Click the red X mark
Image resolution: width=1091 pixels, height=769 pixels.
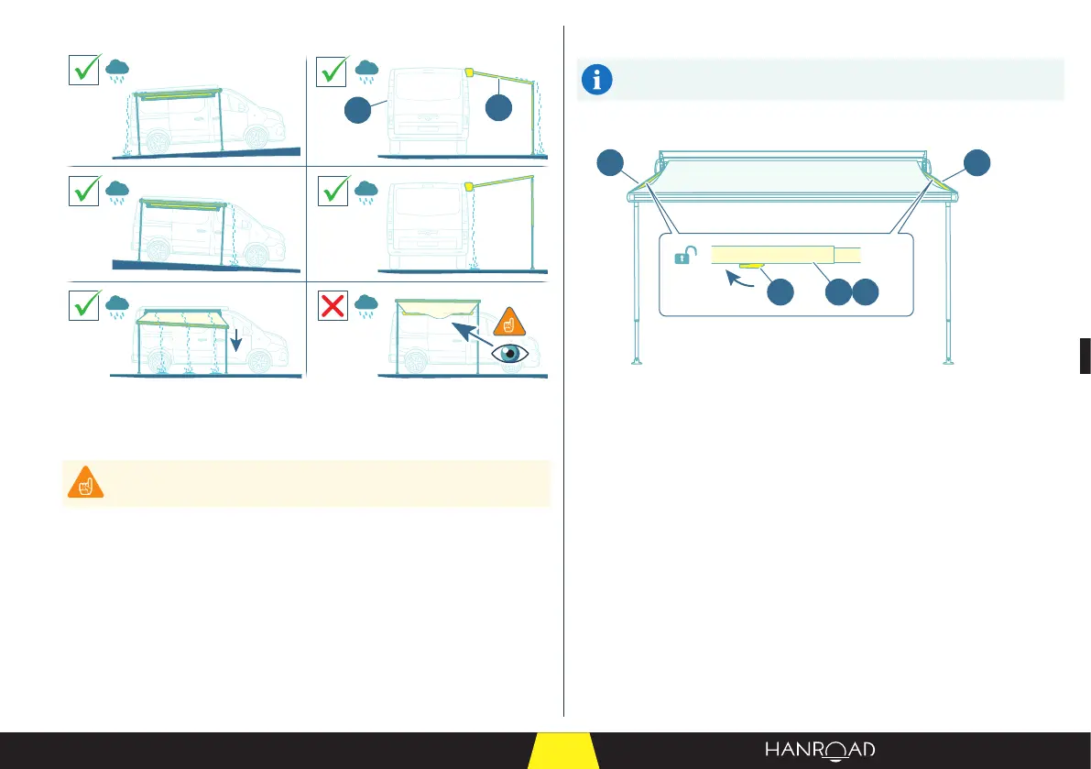coord(333,308)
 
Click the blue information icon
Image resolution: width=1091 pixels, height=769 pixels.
coord(598,81)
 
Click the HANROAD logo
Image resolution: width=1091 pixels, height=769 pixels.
coord(820,750)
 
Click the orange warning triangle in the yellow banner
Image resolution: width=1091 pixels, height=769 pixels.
coord(83,483)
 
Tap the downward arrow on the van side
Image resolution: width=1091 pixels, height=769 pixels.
coord(236,342)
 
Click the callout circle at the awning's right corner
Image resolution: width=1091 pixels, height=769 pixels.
coord(976,163)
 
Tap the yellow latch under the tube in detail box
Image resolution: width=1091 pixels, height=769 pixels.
coord(751,268)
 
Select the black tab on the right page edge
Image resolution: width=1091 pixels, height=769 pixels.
coord(1085,355)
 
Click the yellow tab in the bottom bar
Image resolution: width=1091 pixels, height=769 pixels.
coord(563,752)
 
